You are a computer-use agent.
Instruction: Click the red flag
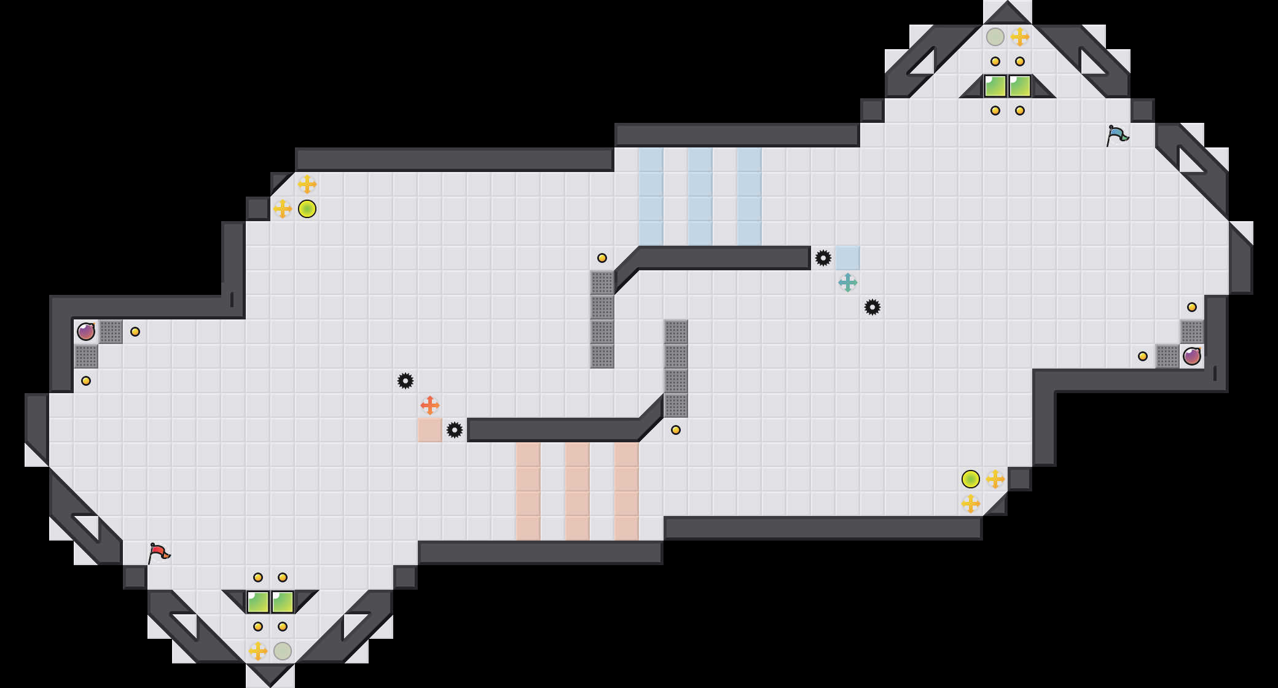[x=159, y=553]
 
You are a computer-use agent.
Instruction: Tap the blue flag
[x=1116, y=135]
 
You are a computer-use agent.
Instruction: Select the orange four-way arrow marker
[x=430, y=405]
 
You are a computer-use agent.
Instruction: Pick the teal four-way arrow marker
[x=848, y=283]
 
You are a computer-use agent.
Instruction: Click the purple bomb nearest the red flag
[x=86, y=332]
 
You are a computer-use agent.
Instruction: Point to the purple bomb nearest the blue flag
[x=1192, y=356]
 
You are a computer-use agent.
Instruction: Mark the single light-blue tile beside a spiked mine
[x=848, y=258]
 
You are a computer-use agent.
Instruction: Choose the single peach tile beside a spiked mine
[x=430, y=430]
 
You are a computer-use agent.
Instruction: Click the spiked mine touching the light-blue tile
[x=823, y=258]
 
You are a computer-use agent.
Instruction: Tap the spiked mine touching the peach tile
[x=455, y=430]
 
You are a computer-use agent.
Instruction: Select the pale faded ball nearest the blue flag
[x=995, y=37]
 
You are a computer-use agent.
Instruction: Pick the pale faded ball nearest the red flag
[x=283, y=651]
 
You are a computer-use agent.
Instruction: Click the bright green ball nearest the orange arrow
[x=307, y=209]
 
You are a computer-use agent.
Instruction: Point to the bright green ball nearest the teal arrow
[x=971, y=479]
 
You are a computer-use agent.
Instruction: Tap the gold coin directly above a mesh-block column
[x=602, y=258]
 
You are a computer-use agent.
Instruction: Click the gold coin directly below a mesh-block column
[x=676, y=430]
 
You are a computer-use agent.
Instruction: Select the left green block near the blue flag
[x=995, y=86]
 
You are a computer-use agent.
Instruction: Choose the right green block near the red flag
[x=283, y=602]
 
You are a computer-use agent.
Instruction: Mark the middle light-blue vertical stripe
[x=700, y=197]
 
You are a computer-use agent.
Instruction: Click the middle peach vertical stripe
[x=578, y=491]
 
